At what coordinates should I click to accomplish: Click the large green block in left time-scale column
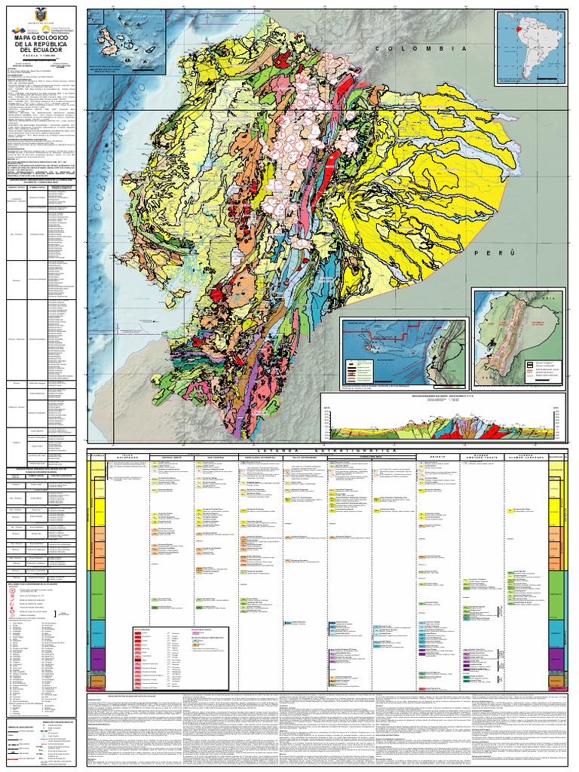96,595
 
